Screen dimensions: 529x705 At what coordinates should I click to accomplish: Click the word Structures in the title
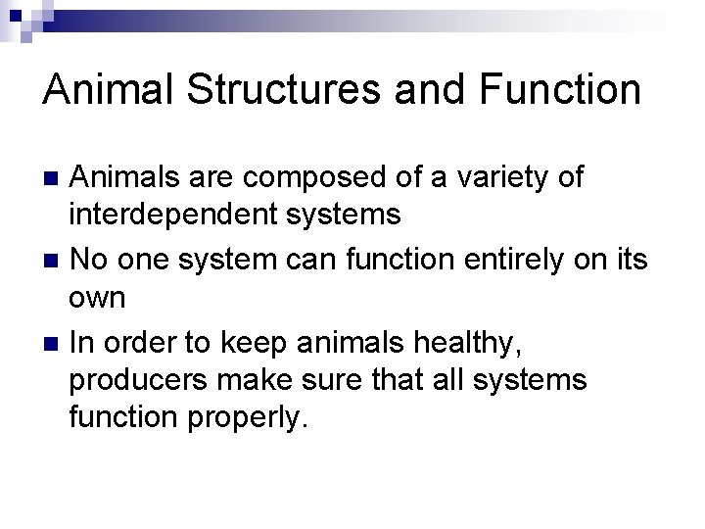tap(281, 90)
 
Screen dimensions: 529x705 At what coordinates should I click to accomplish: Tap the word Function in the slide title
tap(553, 90)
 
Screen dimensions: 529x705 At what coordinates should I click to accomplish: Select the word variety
tap(527, 177)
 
